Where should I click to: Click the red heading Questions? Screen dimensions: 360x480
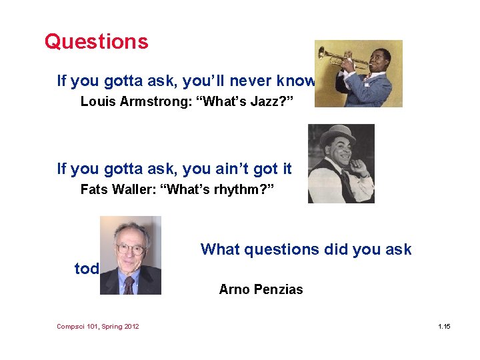[96, 42]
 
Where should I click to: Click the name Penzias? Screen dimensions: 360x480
[277, 289]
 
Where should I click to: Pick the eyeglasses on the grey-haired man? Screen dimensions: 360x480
[130, 249]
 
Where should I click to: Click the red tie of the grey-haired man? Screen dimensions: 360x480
[129, 285]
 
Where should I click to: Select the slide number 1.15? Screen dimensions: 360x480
[444, 326]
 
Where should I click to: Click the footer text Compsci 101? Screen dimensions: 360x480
[79, 326]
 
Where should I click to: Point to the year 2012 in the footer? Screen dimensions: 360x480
[130, 326]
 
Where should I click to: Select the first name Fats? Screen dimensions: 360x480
[93, 190]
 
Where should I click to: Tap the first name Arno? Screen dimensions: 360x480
[234, 289]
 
